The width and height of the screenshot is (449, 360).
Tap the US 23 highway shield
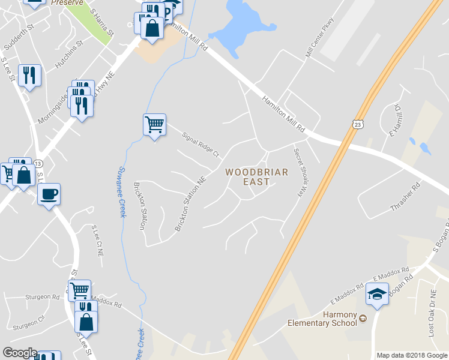[x=357, y=124]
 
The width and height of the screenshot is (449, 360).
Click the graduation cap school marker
[x=377, y=295]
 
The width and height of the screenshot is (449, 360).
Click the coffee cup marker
[x=49, y=194]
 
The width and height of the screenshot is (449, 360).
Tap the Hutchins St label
[x=66, y=54]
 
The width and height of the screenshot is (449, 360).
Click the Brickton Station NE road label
[x=190, y=203]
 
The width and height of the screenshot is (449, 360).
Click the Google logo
[x=19, y=353]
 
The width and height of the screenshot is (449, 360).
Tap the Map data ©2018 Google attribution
[x=412, y=355]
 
